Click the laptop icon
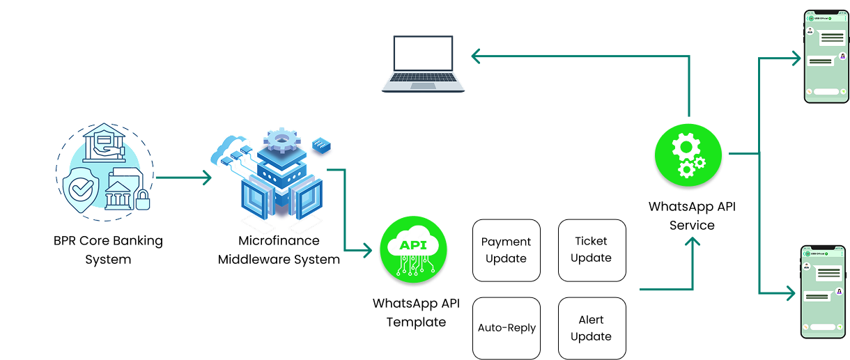(x=423, y=63)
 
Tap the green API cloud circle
(x=414, y=250)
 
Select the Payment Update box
(x=507, y=250)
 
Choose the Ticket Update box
(x=592, y=249)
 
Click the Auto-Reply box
(x=507, y=328)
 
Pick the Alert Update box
(x=592, y=328)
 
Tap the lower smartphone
(x=823, y=292)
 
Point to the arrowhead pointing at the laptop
(x=476, y=56)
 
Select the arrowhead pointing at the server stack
(x=206, y=178)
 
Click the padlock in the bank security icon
(x=143, y=201)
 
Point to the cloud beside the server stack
(x=229, y=148)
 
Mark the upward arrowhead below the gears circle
(x=692, y=242)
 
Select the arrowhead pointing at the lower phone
(x=791, y=293)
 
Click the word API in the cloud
(x=413, y=244)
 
